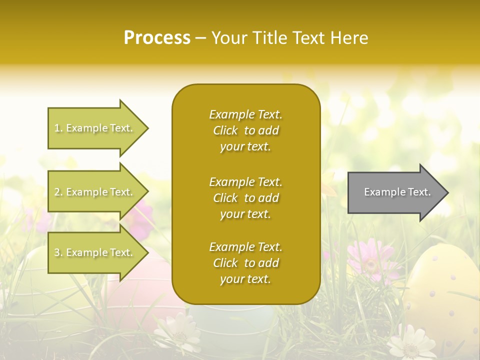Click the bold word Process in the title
click(x=157, y=38)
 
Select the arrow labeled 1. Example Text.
click(x=95, y=128)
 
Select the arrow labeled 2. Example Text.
click(x=95, y=192)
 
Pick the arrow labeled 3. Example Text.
click(x=95, y=252)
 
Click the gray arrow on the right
click(x=395, y=192)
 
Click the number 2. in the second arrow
click(x=58, y=192)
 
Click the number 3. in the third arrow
click(x=58, y=253)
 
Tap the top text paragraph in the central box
click(x=245, y=130)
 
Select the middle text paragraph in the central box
click(x=245, y=198)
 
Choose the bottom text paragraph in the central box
click(x=245, y=263)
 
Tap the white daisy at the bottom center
click(x=177, y=332)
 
